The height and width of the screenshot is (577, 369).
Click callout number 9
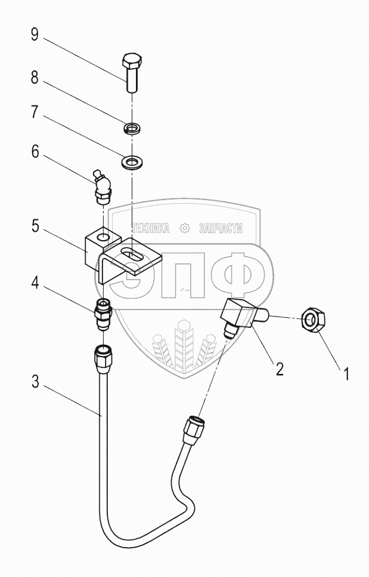tap(35, 35)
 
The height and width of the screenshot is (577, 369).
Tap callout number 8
tap(35, 78)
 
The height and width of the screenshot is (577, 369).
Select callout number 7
tap(35, 112)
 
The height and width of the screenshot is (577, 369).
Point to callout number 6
tap(35, 151)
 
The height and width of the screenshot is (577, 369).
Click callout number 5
tap(35, 226)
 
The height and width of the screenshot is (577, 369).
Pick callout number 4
tap(35, 283)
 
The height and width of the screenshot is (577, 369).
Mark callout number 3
tap(35, 382)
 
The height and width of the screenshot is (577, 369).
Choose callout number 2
tap(280, 369)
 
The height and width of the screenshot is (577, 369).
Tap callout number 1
tap(345, 375)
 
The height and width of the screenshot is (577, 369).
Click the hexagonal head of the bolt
tap(131, 60)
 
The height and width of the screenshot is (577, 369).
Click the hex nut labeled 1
tap(313, 320)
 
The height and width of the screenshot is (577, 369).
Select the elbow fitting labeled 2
tap(244, 317)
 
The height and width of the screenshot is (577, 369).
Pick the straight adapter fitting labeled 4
tap(103, 314)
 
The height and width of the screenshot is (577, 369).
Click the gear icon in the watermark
tap(184, 229)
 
